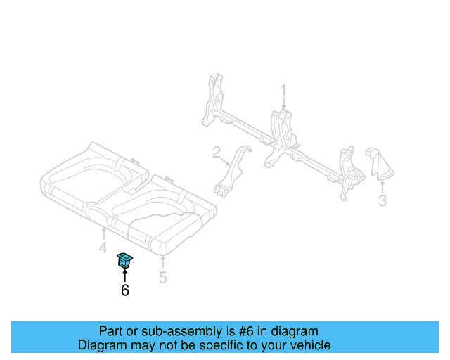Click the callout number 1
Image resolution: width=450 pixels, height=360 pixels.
[x=284, y=90]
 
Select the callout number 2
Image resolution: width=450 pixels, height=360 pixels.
[x=217, y=151]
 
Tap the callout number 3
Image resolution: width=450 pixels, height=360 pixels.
[x=382, y=202]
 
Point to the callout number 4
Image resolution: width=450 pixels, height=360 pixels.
[x=103, y=248]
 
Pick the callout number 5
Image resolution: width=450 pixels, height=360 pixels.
[x=162, y=277]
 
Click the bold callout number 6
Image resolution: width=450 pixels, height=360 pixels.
[x=125, y=290]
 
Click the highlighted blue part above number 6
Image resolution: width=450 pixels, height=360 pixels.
[x=125, y=260]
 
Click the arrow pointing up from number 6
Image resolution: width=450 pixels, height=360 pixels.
[x=125, y=275]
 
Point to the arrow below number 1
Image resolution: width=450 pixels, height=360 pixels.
[x=284, y=104]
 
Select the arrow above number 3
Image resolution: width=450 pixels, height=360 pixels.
[x=382, y=187]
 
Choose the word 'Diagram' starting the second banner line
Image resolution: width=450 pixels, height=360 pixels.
[x=101, y=345]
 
